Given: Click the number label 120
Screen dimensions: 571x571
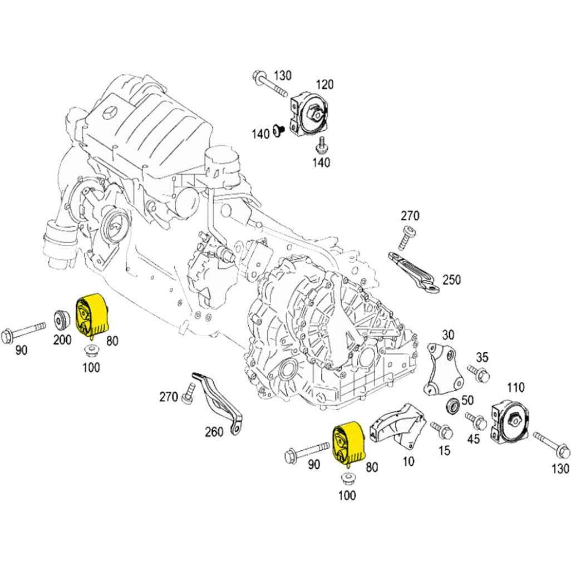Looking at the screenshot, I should click(324, 85).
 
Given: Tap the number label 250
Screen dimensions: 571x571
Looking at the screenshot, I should click(451, 280).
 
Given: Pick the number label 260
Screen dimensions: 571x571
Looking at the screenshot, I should click(214, 431).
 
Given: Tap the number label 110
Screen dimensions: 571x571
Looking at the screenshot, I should click(516, 387).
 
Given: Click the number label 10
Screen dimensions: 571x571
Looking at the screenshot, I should click(408, 462).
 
